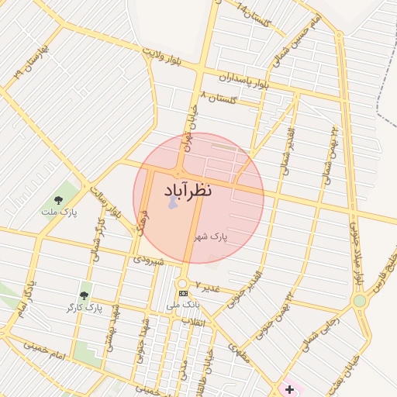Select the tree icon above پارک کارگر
tap(84, 295)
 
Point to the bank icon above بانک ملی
tap(183, 293)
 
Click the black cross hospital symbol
tap(290, 387)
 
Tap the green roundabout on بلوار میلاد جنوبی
tap(359, 300)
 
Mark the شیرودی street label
tap(149, 260)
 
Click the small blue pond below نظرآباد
tap(171, 202)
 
